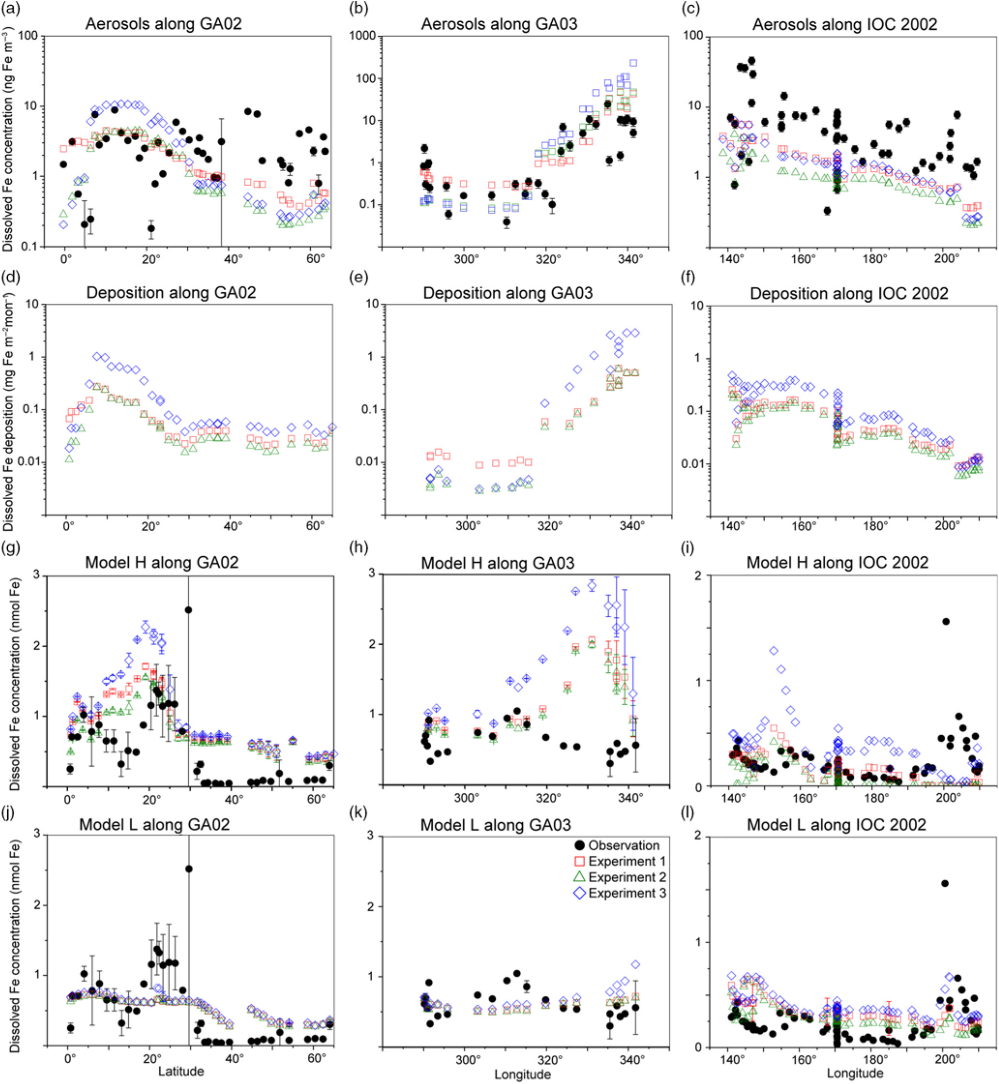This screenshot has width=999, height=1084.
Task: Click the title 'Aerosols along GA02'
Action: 163,24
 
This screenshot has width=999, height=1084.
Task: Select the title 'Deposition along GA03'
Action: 508,293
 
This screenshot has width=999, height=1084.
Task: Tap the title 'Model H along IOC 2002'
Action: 837,563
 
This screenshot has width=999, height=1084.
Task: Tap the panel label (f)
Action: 693,277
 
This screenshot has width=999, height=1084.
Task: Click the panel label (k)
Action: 358,810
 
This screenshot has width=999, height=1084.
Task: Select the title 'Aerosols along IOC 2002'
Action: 845,25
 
